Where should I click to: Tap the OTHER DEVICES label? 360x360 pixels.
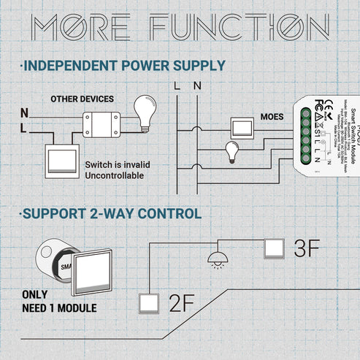81,98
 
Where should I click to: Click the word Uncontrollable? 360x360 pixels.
115,175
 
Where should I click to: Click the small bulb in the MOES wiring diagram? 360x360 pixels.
232,150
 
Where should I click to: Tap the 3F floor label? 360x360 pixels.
305,248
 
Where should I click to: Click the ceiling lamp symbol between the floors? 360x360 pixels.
218,257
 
